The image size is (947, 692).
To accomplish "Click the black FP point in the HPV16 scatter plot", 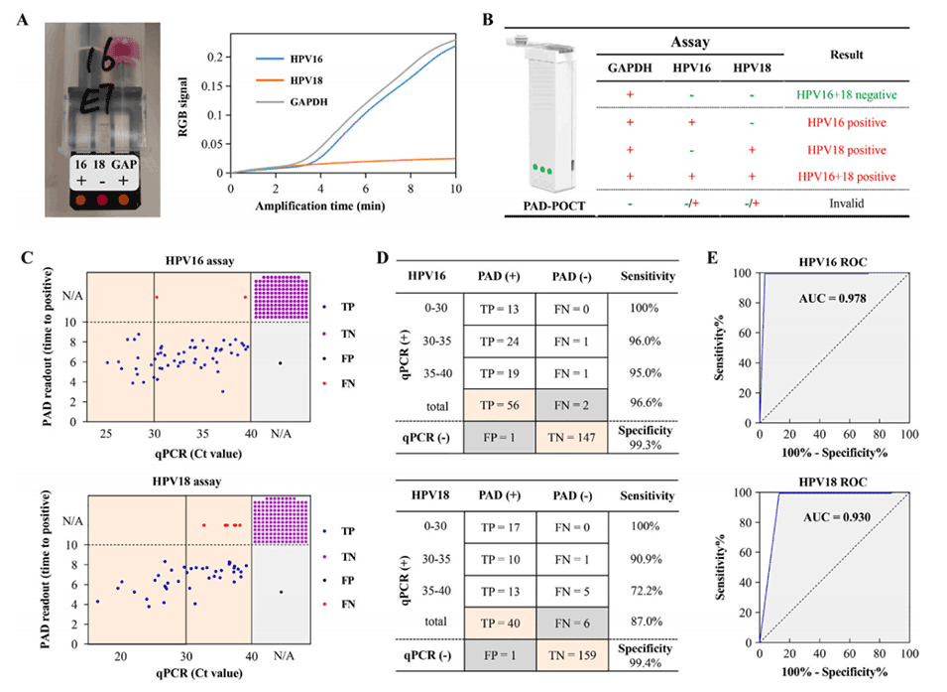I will [281, 363].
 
